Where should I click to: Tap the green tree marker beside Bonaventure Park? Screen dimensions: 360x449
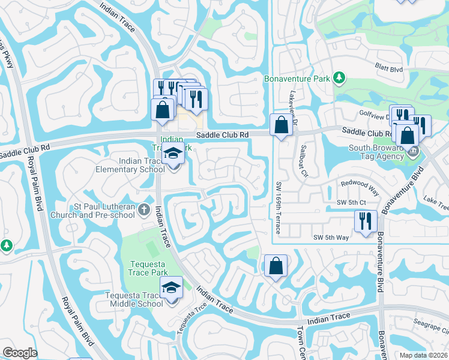(x=339, y=78)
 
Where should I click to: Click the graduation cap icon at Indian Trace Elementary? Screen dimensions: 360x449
(x=173, y=154)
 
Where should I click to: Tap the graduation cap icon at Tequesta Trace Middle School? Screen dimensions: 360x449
(x=171, y=289)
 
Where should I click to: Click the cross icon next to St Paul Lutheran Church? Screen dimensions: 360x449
(x=143, y=210)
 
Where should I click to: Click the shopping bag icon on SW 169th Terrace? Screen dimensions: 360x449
(x=281, y=125)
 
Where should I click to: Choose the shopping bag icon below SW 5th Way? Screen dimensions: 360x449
(x=275, y=266)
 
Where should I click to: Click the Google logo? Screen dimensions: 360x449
(x=20, y=352)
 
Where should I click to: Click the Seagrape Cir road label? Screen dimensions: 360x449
(x=433, y=329)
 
